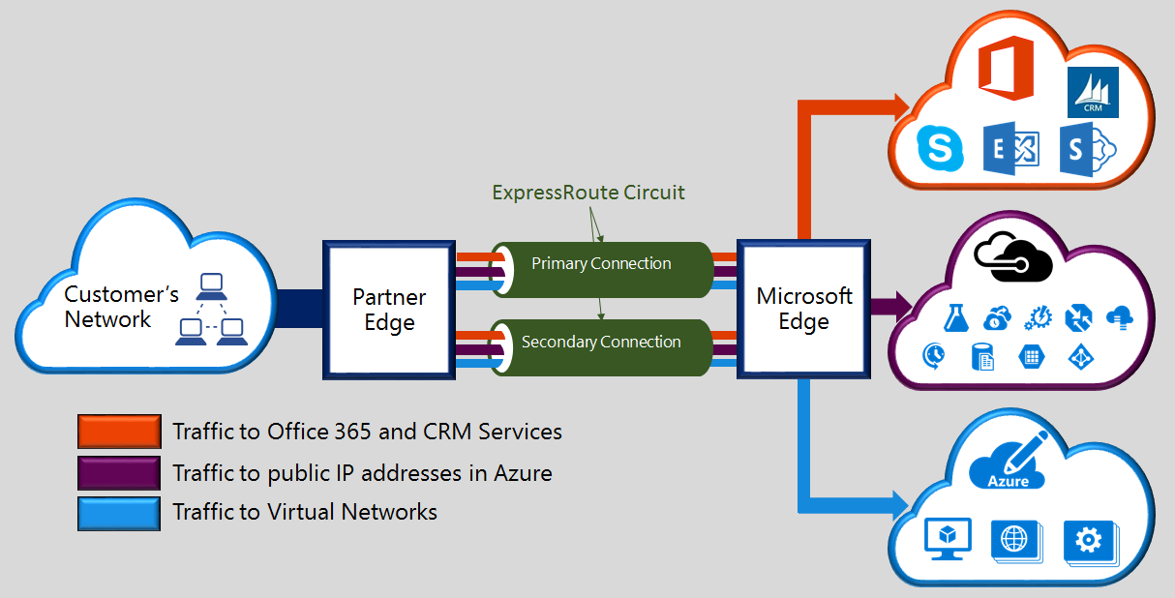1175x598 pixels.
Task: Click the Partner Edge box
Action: pos(389,310)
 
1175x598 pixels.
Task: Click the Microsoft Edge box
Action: pos(803,309)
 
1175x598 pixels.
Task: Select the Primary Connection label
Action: pos(601,263)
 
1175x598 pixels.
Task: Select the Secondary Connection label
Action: pos(601,342)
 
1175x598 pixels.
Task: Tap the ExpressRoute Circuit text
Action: pos(587,193)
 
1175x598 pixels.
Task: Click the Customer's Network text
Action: pos(109,307)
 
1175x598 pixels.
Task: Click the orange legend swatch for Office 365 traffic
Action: pos(119,432)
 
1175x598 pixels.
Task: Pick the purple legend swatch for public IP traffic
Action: pos(119,473)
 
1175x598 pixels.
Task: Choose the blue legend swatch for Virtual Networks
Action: pos(119,513)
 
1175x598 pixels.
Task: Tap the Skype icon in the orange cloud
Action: pos(942,149)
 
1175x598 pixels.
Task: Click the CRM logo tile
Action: pos(1093,93)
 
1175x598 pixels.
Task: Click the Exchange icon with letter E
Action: pos(1010,149)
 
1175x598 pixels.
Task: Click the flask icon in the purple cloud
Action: pos(955,316)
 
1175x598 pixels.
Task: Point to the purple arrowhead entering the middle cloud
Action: pos(906,307)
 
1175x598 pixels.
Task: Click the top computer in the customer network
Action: pos(211,284)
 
